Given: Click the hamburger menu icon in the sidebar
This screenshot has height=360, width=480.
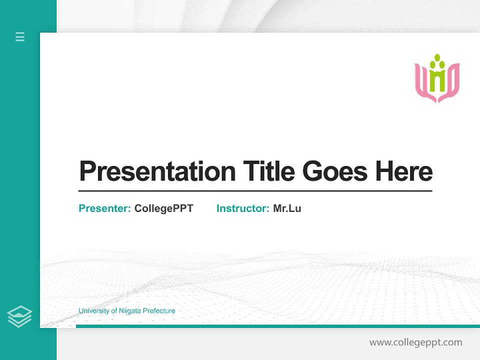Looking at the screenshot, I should coord(20,36).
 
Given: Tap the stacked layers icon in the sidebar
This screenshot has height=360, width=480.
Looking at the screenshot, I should coord(19,316).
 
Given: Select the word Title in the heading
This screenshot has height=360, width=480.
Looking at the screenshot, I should coord(269,171).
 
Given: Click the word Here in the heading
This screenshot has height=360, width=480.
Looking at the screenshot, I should coord(403,171).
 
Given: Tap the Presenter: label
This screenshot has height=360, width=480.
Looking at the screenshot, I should coord(105,208).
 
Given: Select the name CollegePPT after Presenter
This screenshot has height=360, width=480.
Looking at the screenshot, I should coord(163,208).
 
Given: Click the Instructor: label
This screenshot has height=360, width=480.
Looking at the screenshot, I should coord(243,208).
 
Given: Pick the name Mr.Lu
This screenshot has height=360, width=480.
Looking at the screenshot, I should coord(287,208).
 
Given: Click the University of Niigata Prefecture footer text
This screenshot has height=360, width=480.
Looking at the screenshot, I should coord(127,311).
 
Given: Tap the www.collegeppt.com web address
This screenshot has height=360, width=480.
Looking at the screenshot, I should coord(415,342).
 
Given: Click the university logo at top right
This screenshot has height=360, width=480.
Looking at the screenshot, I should coord(437,78).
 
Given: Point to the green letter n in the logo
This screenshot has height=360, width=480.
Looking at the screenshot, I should coord(437,81).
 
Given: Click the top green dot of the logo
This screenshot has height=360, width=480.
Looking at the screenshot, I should coord(437,57).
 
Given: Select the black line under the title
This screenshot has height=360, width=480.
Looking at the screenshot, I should coord(255,191).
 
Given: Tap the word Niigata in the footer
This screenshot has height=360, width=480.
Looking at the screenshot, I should coord(130,311).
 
